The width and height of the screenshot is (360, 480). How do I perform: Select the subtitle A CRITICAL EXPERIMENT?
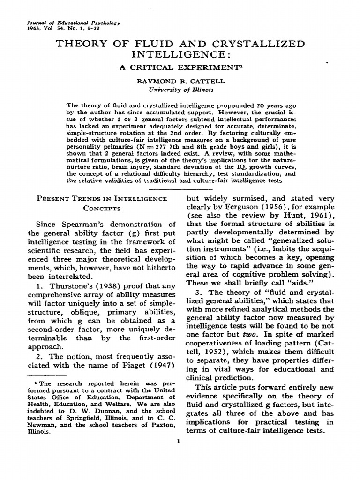tap(180, 68)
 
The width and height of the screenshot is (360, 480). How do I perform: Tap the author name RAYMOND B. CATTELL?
tap(180, 81)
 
